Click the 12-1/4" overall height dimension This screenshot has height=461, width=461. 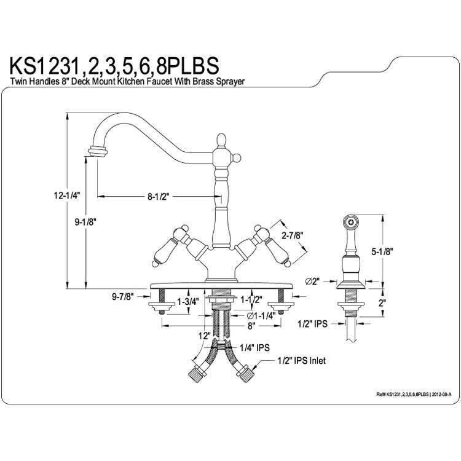click(x=67, y=195)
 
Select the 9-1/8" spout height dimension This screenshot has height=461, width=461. click(x=85, y=223)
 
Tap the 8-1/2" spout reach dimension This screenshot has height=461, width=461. click(x=159, y=197)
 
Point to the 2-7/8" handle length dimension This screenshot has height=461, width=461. click(x=292, y=235)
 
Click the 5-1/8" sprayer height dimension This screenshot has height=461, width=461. click(x=382, y=251)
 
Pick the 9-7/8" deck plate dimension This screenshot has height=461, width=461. click(x=122, y=297)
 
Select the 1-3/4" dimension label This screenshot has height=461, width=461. click(x=188, y=301)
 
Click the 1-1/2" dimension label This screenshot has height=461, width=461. click(x=251, y=299)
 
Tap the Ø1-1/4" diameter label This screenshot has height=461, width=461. click(x=261, y=316)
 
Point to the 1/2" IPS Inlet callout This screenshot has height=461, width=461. click(x=302, y=360)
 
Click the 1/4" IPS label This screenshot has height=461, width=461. click(x=254, y=347)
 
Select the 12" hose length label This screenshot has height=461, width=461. click(x=204, y=336)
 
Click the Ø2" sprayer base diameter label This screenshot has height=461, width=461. click(x=312, y=282)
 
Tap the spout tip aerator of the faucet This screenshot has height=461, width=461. click(x=98, y=151)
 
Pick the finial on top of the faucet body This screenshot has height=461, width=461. click(x=221, y=141)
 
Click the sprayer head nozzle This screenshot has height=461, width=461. click(x=350, y=221)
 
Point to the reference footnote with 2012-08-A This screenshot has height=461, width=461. click(x=414, y=394)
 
